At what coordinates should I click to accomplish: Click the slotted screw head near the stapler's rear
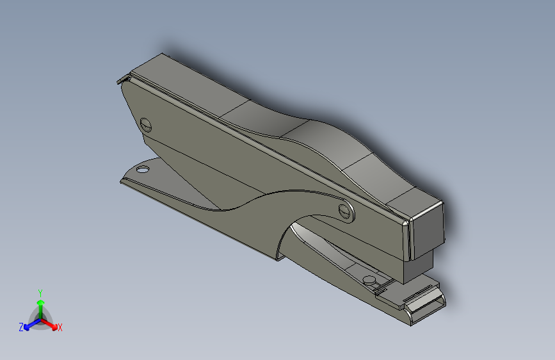[x=146, y=125]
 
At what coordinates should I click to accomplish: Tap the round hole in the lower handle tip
[x=143, y=169]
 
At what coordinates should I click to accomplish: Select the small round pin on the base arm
[x=369, y=281]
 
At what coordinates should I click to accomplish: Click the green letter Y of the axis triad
[x=40, y=293]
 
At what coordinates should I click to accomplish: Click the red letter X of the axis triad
[x=60, y=327]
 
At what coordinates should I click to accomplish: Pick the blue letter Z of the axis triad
[x=21, y=327]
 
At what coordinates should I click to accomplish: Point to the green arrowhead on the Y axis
[x=41, y=302]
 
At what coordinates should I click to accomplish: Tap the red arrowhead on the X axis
[x=54, y=327]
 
